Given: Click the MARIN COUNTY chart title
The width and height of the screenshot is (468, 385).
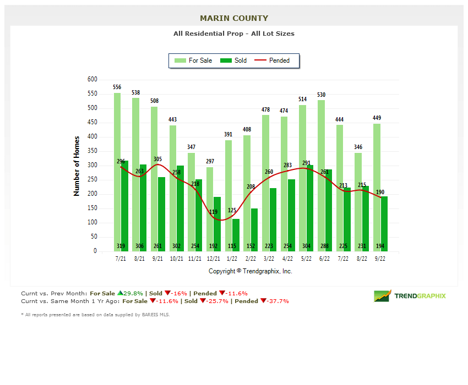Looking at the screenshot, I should pyautogui.click(x=234, y=18).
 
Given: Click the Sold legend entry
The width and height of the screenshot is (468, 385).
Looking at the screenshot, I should pyautogui.click(x=233, y=61).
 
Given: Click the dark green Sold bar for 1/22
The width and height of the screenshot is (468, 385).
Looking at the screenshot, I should pyautogui.click(x=236, y=231).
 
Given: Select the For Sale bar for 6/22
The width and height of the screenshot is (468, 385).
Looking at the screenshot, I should pyautogui.click(x=321, y=176).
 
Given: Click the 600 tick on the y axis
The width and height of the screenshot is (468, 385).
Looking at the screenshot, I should pyautogui.click(x=92, y=80).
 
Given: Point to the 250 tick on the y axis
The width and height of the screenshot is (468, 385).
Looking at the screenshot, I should pyautogui.click(x=92, y=180).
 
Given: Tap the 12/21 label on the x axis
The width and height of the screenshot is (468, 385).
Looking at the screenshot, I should pyautogui.click(x=214, y=258).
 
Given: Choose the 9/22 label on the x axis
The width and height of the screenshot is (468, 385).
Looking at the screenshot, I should pyautogui.click(x=380, y=258).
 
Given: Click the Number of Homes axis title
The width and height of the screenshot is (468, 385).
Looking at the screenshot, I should pyautogui.click(x=77, y=166).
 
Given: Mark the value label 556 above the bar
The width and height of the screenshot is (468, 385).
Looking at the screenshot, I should pyautogui.click(x=117, y=87).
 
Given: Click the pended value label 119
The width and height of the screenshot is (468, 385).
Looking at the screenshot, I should pyautogui.click(x=213, y=212).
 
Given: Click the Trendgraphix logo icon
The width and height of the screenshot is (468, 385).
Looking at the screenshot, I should pyautogui.click(x=382, y=296).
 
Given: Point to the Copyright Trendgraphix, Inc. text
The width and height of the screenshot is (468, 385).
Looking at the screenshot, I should pyautogui.click(x=250, y=271).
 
